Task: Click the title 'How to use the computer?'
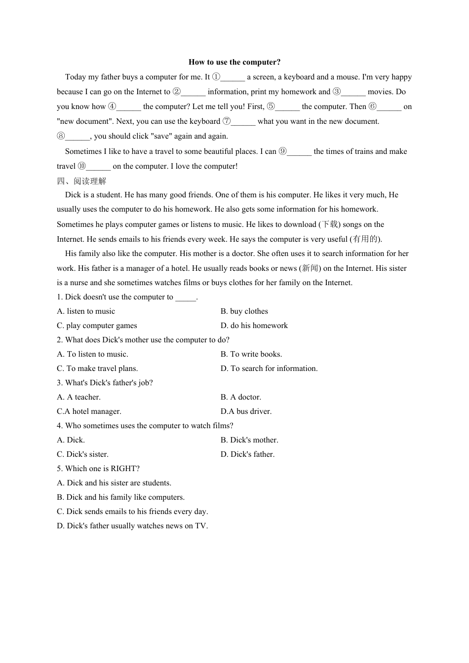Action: point(234,62)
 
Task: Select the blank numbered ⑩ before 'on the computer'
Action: point(98,167)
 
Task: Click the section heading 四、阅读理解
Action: point(81,181)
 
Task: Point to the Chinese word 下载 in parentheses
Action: point(330,224)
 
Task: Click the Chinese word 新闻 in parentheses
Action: point(310,268)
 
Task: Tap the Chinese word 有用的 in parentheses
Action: point(365,239)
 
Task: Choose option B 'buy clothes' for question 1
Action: point(244,311)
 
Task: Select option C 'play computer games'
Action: point(97,326)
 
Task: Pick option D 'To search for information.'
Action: point(269,368)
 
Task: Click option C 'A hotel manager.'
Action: point(89,411)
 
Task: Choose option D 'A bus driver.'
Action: point(246,411)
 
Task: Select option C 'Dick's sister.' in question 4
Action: point(82,454)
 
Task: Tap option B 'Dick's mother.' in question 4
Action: point(249,440)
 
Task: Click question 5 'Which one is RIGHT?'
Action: point(98,469)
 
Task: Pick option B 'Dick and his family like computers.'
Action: point(120,497)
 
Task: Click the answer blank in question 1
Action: point(186,297)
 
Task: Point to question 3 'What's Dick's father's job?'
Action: point(105,383)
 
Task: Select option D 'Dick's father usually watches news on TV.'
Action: point(132,526)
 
